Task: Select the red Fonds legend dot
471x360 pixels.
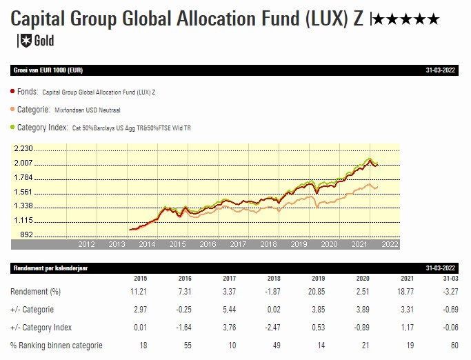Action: click(x=13, y=91)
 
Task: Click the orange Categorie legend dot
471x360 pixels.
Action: click(x=13, y=109)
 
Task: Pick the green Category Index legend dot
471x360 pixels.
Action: click(x=13, y=127)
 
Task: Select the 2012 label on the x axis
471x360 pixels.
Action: click(x=86, y=244)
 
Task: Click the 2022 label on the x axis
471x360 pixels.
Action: click(x=390, y=244)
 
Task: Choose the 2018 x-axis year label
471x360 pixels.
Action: click(x=268, y=244)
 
